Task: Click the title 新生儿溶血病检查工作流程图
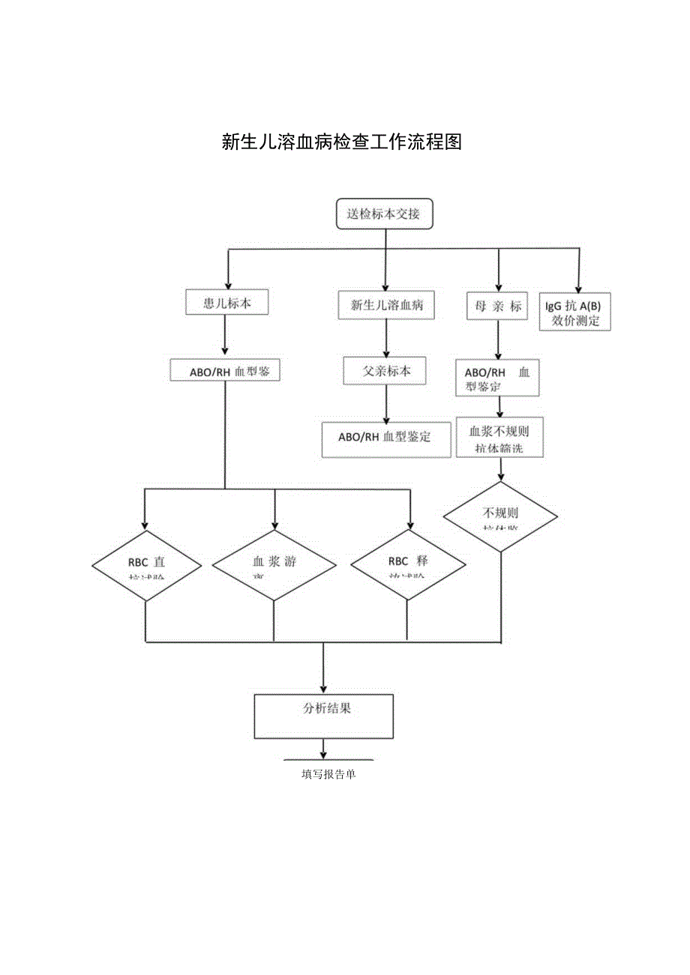point(342,142)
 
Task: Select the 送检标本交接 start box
point(383,214)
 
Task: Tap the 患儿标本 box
point(226,303)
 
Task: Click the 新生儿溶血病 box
point(386,305)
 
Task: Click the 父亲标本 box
point(386,371)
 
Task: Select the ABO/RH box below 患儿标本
point(225,371)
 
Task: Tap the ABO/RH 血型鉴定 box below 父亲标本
point(385,439)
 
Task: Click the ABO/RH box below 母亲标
point(497,379)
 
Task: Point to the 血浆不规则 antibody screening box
point(499,438)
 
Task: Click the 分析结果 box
point(324,716)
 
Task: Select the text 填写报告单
point(328,775)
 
